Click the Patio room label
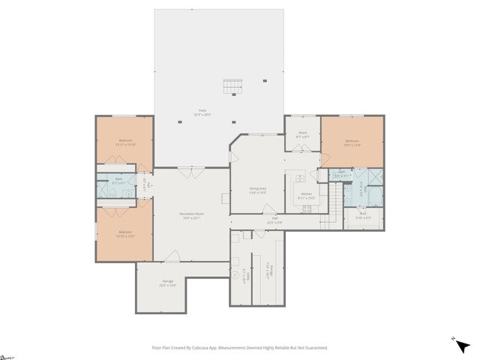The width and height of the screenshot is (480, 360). tap(202, 112)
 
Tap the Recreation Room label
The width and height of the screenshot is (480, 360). tap(192, 216)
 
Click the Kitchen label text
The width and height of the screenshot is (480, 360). tap(306, 196)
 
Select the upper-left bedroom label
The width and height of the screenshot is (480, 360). tap(124, 142)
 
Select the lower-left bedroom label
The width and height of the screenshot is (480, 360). tap(124, 234)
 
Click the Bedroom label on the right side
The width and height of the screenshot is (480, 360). tap(352, 142)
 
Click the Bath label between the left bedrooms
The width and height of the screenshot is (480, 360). tap(118, 180)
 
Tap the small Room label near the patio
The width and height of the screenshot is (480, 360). tap(302, 135)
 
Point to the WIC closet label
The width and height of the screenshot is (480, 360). tap(363, 215)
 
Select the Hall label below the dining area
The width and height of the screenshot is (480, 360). tap(274, 221)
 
